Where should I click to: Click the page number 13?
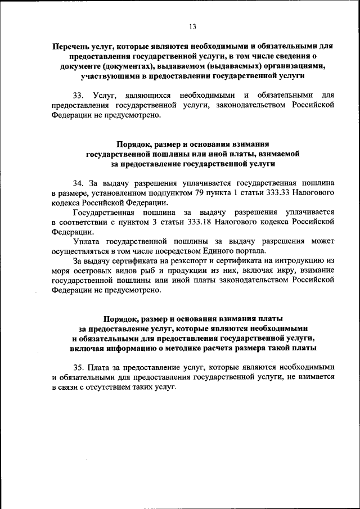(192, 26)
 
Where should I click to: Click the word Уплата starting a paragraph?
(87, 242)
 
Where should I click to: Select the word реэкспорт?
(187, 262)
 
